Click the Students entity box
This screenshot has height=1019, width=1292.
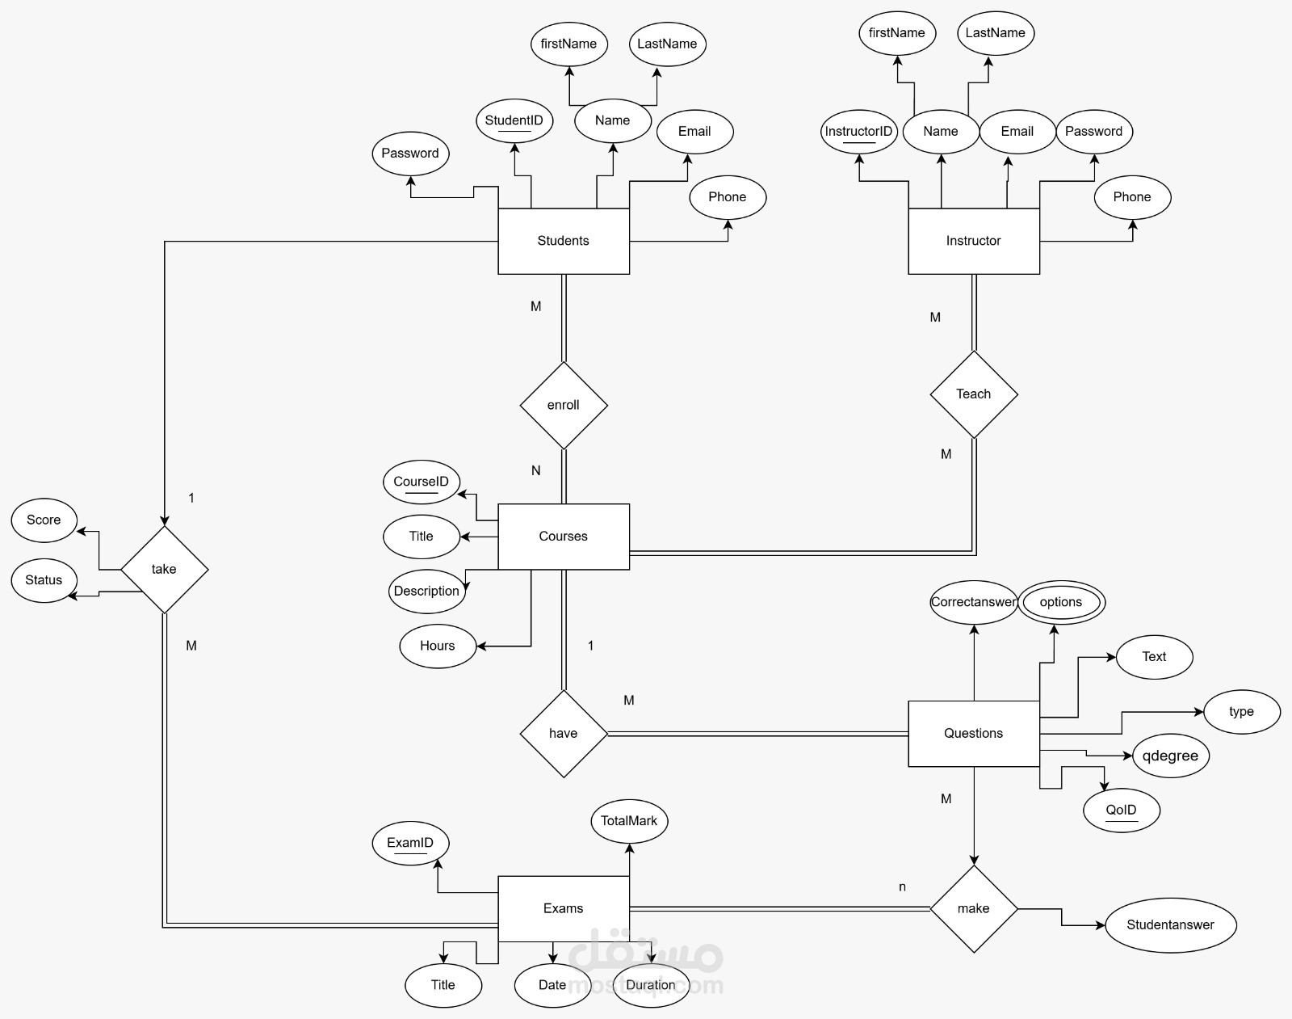[563, 241]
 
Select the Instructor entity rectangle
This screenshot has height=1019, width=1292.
[973, 241]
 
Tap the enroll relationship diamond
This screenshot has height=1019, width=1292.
[563, 405]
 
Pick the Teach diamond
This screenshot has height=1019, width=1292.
[973, 394]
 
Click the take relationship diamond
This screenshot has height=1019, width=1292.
[164, 569]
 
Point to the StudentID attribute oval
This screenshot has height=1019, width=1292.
[514, 120]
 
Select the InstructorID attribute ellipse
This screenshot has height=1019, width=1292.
[858, 132]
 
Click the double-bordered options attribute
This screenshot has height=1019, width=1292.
[1061, 602]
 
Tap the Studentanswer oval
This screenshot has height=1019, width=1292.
[1170, 924]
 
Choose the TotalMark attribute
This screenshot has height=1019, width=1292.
[628, 821]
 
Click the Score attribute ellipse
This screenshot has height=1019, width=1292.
[44, 520]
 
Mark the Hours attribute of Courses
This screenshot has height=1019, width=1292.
[438, 646]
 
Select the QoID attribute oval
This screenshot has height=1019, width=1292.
[1122, 810]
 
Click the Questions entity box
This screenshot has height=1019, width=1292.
[973, 733]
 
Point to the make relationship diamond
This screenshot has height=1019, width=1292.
[973, 908]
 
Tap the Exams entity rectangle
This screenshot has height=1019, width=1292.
[563, 908]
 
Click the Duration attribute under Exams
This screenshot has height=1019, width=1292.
[651, 985]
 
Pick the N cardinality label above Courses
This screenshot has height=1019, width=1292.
[535, 470]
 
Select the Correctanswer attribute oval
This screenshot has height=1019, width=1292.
[973, 602]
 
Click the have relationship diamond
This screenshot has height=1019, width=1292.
[563, 734]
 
